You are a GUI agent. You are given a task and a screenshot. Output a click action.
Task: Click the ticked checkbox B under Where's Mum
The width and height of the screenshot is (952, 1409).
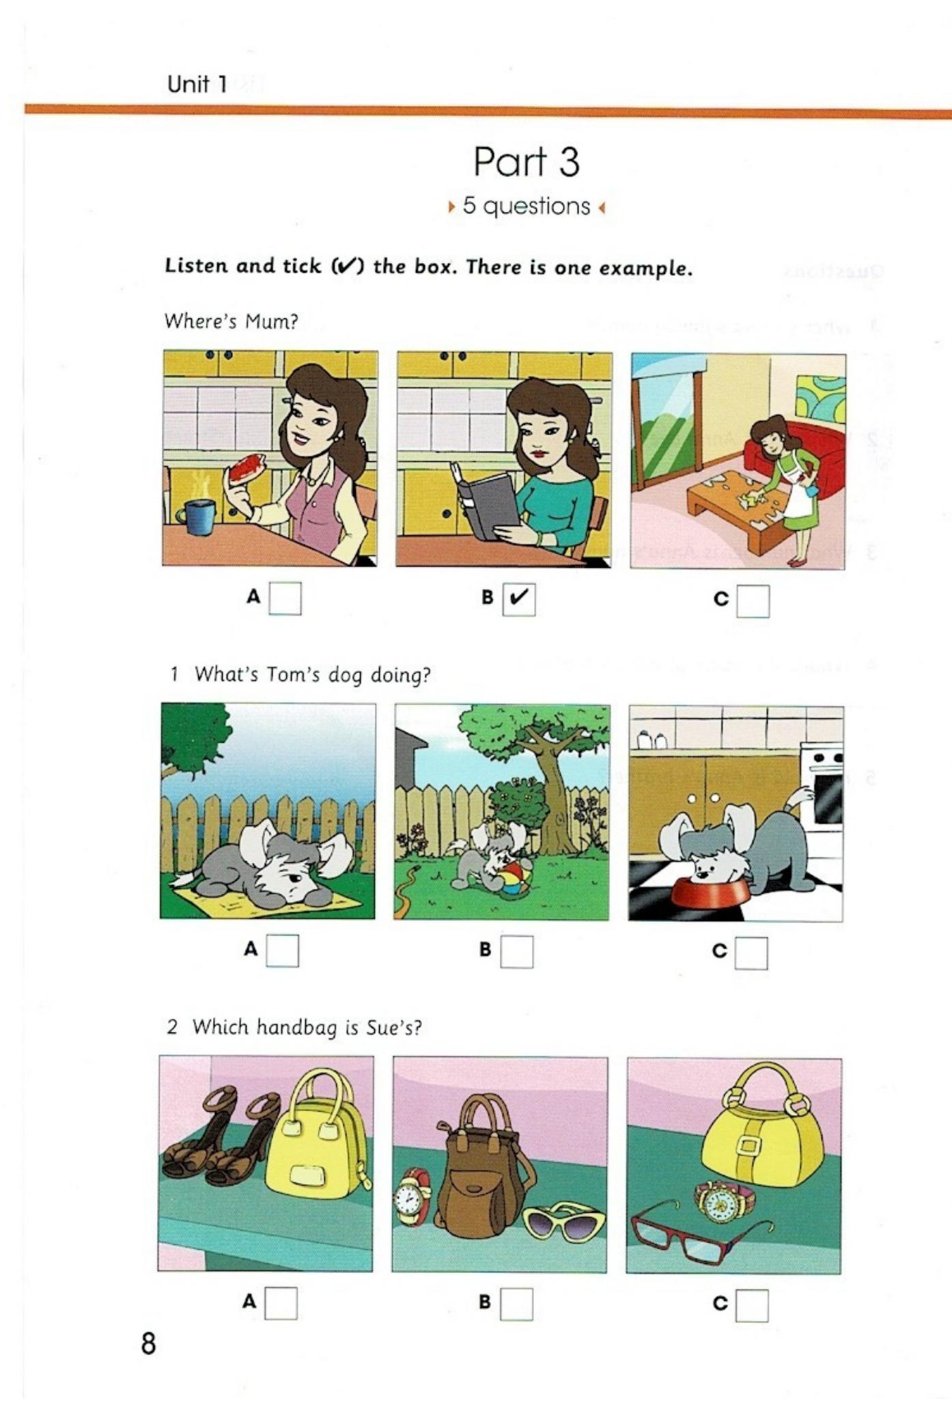point(518,599)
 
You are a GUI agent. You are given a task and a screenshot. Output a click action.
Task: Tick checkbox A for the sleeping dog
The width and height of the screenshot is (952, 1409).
point(282,950)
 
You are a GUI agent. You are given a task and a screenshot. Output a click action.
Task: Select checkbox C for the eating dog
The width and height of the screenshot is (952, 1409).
point(751,953)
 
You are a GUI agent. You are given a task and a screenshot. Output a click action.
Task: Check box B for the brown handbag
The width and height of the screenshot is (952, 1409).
point(516,1304)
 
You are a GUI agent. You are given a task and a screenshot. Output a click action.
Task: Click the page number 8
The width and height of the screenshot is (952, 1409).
point(148,1343)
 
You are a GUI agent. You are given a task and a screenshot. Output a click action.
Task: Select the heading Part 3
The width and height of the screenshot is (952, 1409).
point(527,162)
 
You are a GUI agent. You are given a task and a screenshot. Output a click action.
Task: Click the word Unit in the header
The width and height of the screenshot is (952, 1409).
point(188,84)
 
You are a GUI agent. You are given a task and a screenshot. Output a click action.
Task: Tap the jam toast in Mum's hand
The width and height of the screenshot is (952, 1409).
point(247,467)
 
